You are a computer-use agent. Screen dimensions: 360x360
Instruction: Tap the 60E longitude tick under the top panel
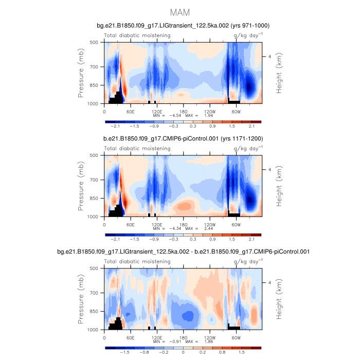point(131,111)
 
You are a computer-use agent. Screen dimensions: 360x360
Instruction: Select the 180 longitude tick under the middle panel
point(183,224)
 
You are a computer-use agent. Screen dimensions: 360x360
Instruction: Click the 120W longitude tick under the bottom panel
point(209,337)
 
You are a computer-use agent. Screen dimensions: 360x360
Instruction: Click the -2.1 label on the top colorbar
point(116,125)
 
